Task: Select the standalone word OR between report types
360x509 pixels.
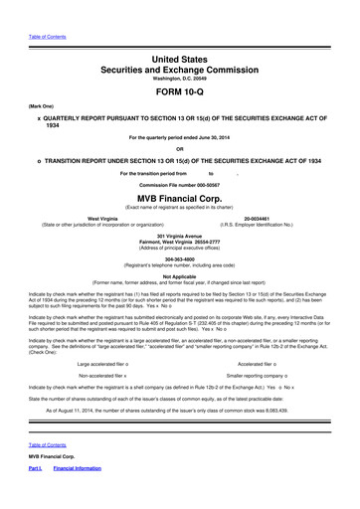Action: tap(181, 149)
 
